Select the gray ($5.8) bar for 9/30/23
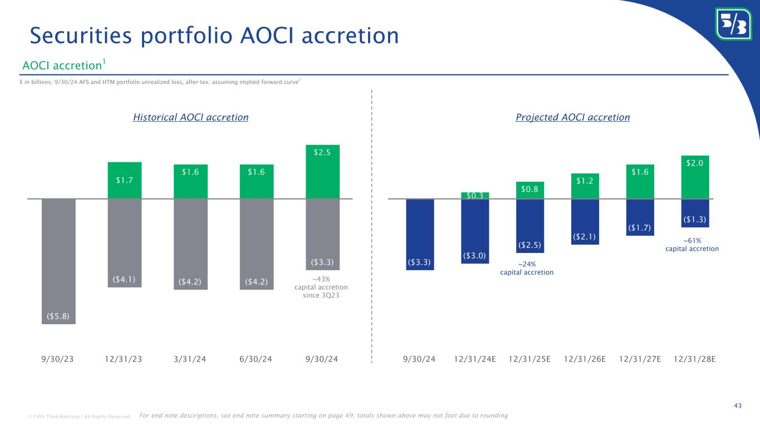58,261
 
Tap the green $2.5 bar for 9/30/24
322,171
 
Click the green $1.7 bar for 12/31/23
124,180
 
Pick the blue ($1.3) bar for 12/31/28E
695,213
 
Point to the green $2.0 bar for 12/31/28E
695,177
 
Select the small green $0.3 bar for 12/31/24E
475,195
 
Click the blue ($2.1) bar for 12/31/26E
585,221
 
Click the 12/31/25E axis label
530,358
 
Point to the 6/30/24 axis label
257,358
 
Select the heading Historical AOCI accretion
190,117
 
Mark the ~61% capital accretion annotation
692,244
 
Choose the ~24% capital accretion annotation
526,268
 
